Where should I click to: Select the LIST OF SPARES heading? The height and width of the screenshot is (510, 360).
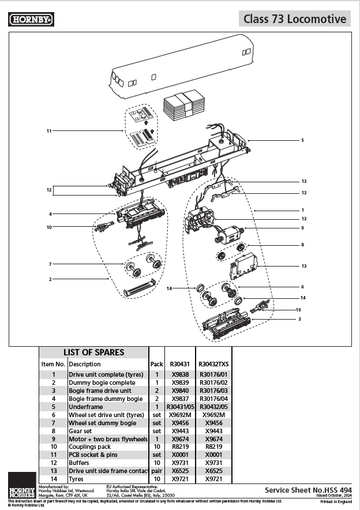pos(93,352)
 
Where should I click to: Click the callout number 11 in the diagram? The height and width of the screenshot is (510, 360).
pos(50,131)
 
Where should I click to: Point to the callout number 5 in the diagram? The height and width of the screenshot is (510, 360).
pos(302,140)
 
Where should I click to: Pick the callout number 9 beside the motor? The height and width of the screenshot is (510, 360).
pos(302,228)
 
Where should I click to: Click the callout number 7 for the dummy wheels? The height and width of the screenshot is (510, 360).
pos(51,264)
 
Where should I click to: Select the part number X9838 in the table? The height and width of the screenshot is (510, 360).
pos(181,374)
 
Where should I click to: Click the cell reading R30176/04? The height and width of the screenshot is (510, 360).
pos(214,399)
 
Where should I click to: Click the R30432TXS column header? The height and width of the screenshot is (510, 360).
pos(214,364)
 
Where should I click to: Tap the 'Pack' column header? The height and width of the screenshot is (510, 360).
pos(156,364)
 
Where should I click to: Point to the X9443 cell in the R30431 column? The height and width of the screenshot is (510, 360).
pos(181,431)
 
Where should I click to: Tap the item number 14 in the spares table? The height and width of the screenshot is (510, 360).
pos(53,479)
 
